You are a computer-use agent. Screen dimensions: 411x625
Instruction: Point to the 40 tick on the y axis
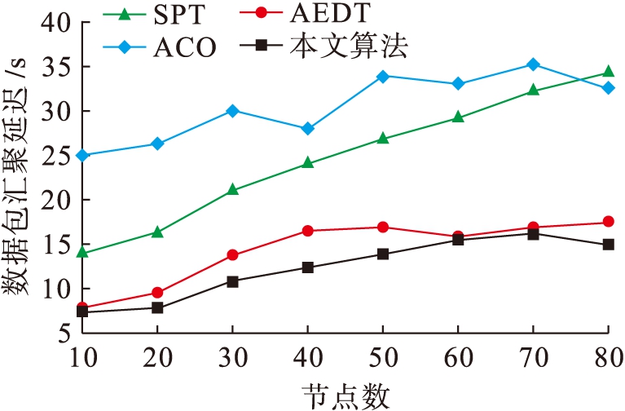(54, 23)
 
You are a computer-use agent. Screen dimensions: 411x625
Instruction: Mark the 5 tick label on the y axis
(64, 333)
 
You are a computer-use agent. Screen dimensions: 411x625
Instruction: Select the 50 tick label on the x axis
(382, 356)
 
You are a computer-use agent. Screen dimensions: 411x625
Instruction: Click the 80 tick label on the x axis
(607, 356)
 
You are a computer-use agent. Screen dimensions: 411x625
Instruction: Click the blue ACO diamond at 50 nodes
(382, 76)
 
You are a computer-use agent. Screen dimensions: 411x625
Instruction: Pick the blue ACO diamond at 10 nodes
(82, 155)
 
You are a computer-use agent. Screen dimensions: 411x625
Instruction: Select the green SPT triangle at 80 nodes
(607, 72)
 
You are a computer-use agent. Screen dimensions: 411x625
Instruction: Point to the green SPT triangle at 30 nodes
(232, 189)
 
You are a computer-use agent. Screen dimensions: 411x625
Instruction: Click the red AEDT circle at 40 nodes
(307, 231)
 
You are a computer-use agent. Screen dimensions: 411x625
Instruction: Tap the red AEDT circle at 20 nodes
(157, 292)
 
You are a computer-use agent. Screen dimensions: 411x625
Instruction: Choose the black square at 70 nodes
(532, 234)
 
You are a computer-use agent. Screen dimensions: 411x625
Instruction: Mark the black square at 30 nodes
(232, 281)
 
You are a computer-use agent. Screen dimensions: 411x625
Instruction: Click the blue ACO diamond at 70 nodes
(532, 64)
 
